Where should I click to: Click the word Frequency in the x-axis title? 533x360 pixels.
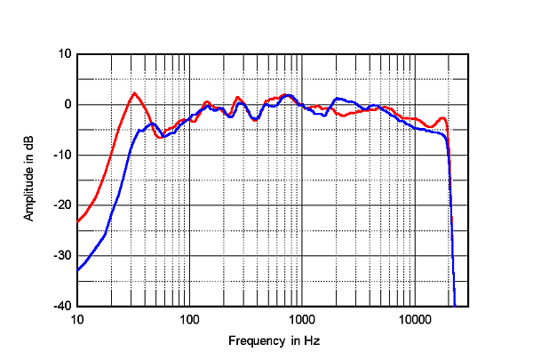[254, 341]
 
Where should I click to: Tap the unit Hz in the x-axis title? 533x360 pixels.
[312, 341]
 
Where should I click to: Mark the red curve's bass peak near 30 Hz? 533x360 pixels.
[134, 93]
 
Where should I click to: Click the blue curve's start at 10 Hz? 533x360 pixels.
[78, 269]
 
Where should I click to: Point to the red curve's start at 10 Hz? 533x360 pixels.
[78, 220]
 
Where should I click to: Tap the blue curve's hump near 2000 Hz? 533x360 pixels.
[338, 99]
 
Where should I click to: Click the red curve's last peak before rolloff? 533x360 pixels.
[442, 117]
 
